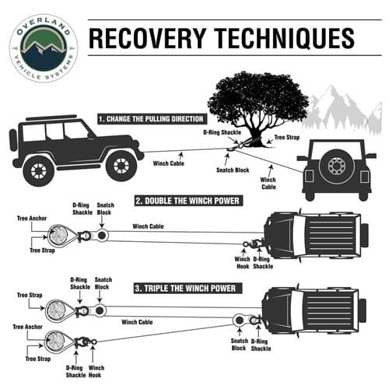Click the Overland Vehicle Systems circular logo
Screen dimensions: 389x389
(x=44, y=47)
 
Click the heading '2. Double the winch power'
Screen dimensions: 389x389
(x=188, y=201)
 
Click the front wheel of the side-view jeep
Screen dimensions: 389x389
(x=121, y=166)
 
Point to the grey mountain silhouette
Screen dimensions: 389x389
(x=342, y=111)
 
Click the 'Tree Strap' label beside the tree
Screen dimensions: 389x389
(x=287, y=138)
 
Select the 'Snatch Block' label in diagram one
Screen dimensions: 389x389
(x=233, y=170)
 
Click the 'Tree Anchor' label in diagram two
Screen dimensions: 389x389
(x=32, y=219)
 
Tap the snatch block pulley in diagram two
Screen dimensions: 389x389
(x=101, y=236)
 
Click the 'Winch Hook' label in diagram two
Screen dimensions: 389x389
(x=243, y=263)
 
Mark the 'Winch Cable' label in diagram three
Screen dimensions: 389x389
(x=137, y=322)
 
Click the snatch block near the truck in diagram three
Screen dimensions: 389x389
(x=240, y=320)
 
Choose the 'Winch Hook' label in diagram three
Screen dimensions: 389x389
(x=96, y=371)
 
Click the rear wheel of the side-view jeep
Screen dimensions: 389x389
(x=39, y=171)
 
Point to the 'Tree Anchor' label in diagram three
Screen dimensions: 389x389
(x=27, y=327)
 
